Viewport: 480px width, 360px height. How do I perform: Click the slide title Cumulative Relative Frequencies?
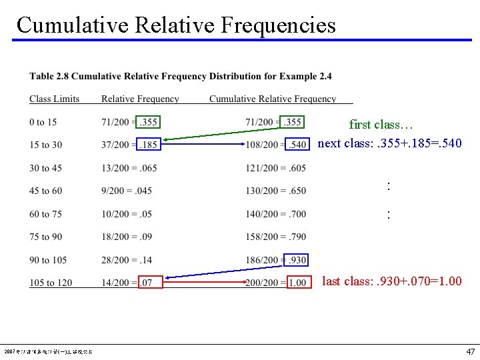(x=176, y=25)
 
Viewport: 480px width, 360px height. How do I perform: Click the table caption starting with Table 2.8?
(x=180, y=76)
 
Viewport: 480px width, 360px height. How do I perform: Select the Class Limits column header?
(x=54, y=99)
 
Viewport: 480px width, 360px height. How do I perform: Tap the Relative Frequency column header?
(x=140, y=99)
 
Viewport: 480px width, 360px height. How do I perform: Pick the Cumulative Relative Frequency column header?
(x=273, y=99)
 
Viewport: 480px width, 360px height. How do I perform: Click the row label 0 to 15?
(x=43, y=122)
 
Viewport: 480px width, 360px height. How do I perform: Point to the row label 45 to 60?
(x=45, y=191)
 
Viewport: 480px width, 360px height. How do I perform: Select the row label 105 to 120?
(x=51, y=283)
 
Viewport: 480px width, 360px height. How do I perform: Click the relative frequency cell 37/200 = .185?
(x=129, y=145)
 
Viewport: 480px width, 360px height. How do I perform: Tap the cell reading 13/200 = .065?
(x=129, y=168)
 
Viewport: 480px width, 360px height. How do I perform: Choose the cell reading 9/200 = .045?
(x=127, y=191)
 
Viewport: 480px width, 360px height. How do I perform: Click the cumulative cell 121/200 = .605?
(x=275, y=168)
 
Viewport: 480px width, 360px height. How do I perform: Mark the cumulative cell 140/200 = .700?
(x=275, y=214)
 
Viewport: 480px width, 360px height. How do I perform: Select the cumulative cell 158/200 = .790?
(x=275, y=237)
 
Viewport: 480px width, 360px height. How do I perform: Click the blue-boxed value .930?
(x=295, y=260)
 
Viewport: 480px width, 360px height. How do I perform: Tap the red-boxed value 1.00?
(x=298, y=283)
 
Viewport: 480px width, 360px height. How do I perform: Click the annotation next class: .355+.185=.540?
(x=389, y=143)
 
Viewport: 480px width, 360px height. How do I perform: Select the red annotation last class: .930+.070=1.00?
(x=391, y=281)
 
